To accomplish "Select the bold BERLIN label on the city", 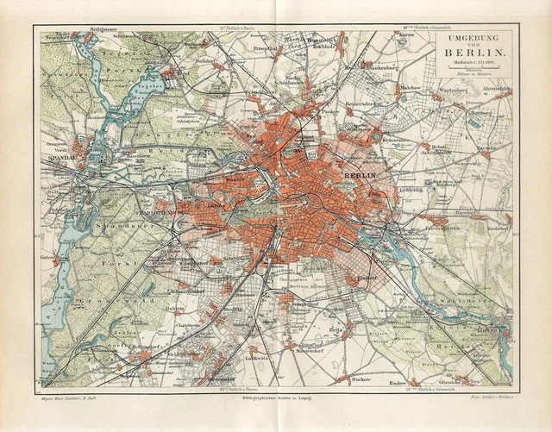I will [x=360, y=176].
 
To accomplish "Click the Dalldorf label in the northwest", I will [x=204, y=62].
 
